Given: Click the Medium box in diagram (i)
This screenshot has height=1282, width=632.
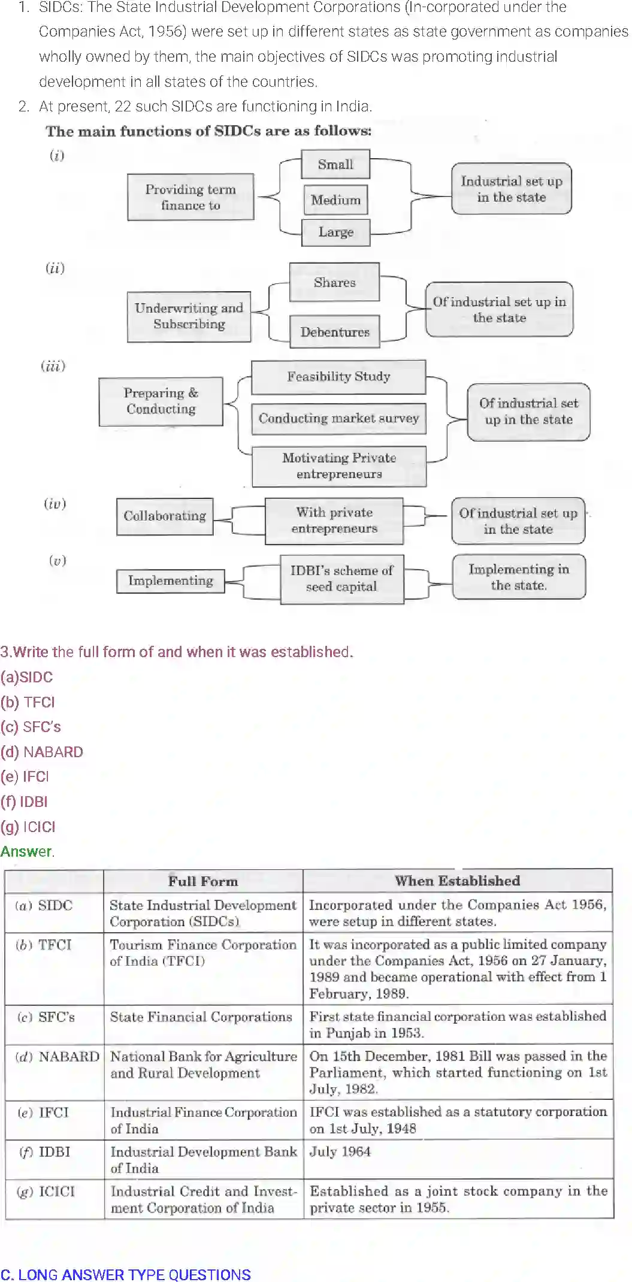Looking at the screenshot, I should tap(335, 200).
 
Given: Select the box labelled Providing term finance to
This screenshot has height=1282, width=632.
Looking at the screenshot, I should tap(190, 197).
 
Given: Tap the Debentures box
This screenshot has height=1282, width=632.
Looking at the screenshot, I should tap(335, 332).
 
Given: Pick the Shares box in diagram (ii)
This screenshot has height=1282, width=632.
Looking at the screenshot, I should tap(334, 282).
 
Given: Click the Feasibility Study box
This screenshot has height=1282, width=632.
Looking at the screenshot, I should tap(338, 377).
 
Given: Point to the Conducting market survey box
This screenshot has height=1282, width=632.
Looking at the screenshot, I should tap(338, 418).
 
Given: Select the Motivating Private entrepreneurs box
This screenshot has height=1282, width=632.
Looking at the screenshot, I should tap(339, 466).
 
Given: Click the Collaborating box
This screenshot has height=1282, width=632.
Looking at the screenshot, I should tap(165, 516).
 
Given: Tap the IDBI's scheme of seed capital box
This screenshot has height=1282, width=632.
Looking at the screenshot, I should tap(341, 579).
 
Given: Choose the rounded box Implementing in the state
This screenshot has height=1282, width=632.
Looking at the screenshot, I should tap(519, 577).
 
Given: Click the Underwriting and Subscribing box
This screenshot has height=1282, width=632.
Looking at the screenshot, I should tap(189, 316).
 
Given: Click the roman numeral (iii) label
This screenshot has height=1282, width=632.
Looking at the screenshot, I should tap(53, 366).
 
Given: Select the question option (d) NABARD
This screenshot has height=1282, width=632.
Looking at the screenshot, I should tap(42, 752).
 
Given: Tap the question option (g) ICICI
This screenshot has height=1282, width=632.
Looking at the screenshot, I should tap(28, 827).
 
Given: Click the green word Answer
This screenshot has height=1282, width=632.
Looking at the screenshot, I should tap(26, 851).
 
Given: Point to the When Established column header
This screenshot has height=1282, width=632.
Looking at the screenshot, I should tap(457, 881).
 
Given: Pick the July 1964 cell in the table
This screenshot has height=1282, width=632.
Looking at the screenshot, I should tap(340, 1151).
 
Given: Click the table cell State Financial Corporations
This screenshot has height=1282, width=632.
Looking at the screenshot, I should tap(201, 1017).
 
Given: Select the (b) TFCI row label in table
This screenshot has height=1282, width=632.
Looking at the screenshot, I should tap(44, 945).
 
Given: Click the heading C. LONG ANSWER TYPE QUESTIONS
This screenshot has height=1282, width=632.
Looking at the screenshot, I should tap(126, 1274).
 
